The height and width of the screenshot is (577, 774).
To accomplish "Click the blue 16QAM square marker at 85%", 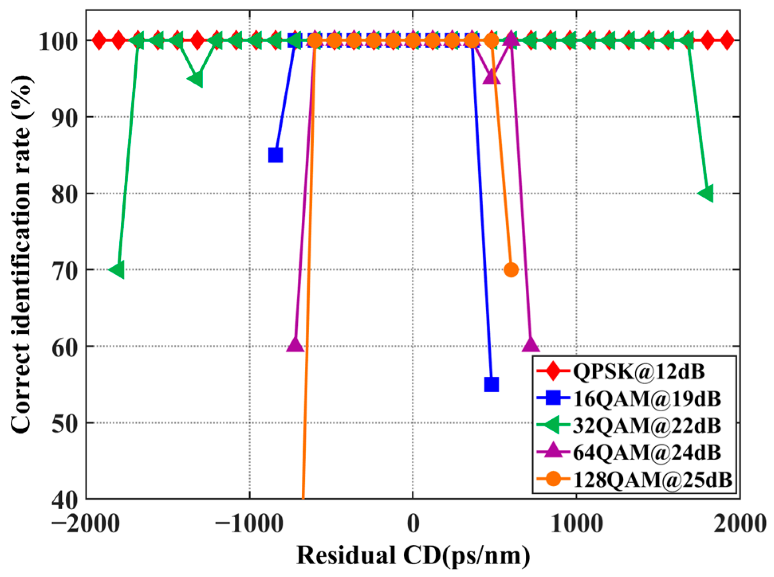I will click(x=275, y=155).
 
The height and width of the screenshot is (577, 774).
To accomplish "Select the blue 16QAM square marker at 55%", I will click(x=491, y=384).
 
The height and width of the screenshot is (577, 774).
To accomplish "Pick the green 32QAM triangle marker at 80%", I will click(x=707, y=194).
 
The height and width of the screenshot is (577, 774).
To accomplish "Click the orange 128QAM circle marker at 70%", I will click(x=511, y=270).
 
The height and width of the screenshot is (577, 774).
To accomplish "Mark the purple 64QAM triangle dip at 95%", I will click(x=491, y=77).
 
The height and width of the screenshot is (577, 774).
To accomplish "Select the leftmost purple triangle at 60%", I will click(x=295, y=345).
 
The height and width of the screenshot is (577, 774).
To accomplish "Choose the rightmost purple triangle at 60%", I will click(x=530, y=345).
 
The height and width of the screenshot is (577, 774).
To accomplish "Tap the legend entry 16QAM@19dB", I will click(x=646, y=399).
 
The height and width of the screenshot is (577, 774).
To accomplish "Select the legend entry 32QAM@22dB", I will click(x=646, y=425).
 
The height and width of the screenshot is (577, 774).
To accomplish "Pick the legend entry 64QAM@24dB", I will click(x=646, y=452).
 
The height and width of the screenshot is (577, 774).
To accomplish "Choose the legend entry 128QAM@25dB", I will click(x=652, y=479).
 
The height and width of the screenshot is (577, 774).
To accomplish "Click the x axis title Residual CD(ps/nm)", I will click(x=413, y=555).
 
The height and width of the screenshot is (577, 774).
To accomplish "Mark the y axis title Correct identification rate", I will click(x=22, y=255).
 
